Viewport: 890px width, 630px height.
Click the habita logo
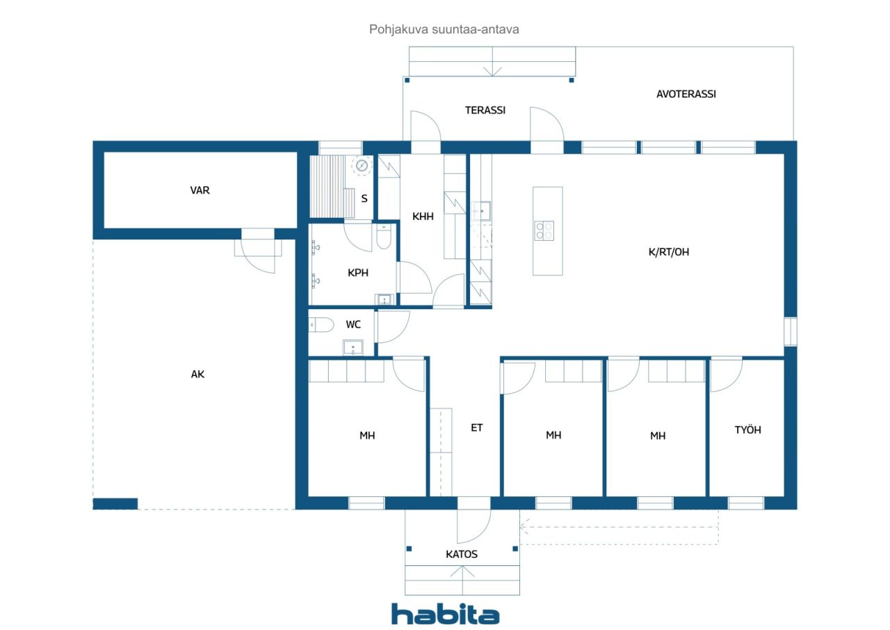(x=445, y=614)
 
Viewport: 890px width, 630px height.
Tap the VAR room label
(x=200, y=190)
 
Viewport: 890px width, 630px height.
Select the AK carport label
(x=197, y=374)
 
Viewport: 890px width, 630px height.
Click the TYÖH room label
(x=747, y=430)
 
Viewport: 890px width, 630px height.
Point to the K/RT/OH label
(x=668, y=252)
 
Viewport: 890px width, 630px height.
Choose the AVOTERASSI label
(x=686, y=94)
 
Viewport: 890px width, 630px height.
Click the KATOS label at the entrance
(x=461, y=554)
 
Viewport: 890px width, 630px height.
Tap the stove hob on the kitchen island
(x=544, y=230)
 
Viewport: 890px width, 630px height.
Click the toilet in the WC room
(x=321, y=324)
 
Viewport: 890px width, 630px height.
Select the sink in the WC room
(x=353, y=347)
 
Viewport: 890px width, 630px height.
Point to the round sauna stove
(x=362, y=166)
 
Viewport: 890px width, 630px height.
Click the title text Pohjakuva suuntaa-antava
(x=444, y=29)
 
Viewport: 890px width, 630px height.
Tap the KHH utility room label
(x=422, y=216)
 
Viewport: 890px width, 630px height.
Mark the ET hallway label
(x=476, y=427)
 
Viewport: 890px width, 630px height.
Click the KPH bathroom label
(x=357, y=273)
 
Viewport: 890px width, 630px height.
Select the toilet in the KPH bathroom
(x=383, y=237)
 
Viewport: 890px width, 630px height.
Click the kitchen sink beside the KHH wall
(x=480, y=210)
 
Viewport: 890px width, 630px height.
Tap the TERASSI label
(x=485, y=110)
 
